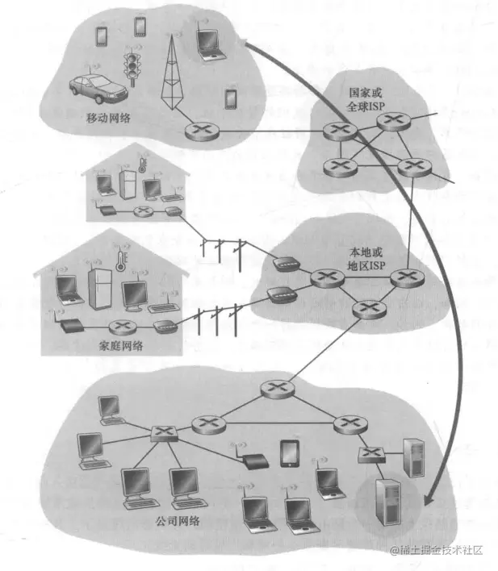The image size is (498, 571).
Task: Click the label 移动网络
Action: [108, 119]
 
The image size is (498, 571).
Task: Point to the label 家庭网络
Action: [121, 345]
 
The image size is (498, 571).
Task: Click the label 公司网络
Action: [178, 521]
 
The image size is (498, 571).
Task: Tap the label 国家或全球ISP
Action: [366, 99]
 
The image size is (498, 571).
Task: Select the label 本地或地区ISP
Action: [366, 259]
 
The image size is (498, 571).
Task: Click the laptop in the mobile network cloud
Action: [210, 44]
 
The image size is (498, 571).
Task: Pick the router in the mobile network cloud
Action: [202, 131]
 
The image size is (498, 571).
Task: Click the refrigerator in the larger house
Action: [100, 290]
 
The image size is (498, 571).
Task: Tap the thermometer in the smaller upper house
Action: [142, 165]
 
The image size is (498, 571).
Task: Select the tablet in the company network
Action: [290, 454]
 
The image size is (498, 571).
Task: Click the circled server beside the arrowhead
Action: [388, 502]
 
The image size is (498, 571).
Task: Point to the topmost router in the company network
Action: [278, 389]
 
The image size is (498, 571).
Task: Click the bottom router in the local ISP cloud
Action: [369, 310]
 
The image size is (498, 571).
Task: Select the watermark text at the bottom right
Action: [437, 550]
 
